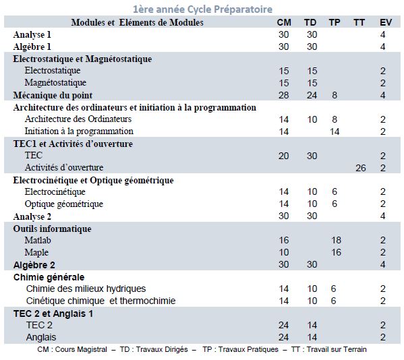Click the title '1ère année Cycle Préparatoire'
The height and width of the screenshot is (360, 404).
[202, 9]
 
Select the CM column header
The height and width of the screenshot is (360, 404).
[284, 22]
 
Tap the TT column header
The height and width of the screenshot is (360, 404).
[359, 22]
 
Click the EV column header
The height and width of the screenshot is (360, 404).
[386, 22]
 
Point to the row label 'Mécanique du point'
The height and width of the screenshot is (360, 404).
[53, 95]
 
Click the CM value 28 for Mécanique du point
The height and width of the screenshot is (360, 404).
[283, 95]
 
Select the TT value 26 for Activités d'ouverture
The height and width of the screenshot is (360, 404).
[361, 168]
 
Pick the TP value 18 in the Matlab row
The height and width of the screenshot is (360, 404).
[336, 240]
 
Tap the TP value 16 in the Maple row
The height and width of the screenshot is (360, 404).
[336, 252]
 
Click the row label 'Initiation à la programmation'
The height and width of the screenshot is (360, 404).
[79, 131]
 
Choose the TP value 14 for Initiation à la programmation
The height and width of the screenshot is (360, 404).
[335, 131]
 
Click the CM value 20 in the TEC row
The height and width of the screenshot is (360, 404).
[283, 156]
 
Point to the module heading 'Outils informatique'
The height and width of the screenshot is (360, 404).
[53, 229]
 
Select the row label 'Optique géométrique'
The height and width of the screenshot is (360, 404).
[64, 204]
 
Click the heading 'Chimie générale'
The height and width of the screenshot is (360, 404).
[49, 277]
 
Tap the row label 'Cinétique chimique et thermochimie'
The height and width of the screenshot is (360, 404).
[100, 301]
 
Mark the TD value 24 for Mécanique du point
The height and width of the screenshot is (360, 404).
[312, 95]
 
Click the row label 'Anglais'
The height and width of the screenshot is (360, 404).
[41, 337]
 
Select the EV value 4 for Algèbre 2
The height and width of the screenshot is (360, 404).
[383, 264]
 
